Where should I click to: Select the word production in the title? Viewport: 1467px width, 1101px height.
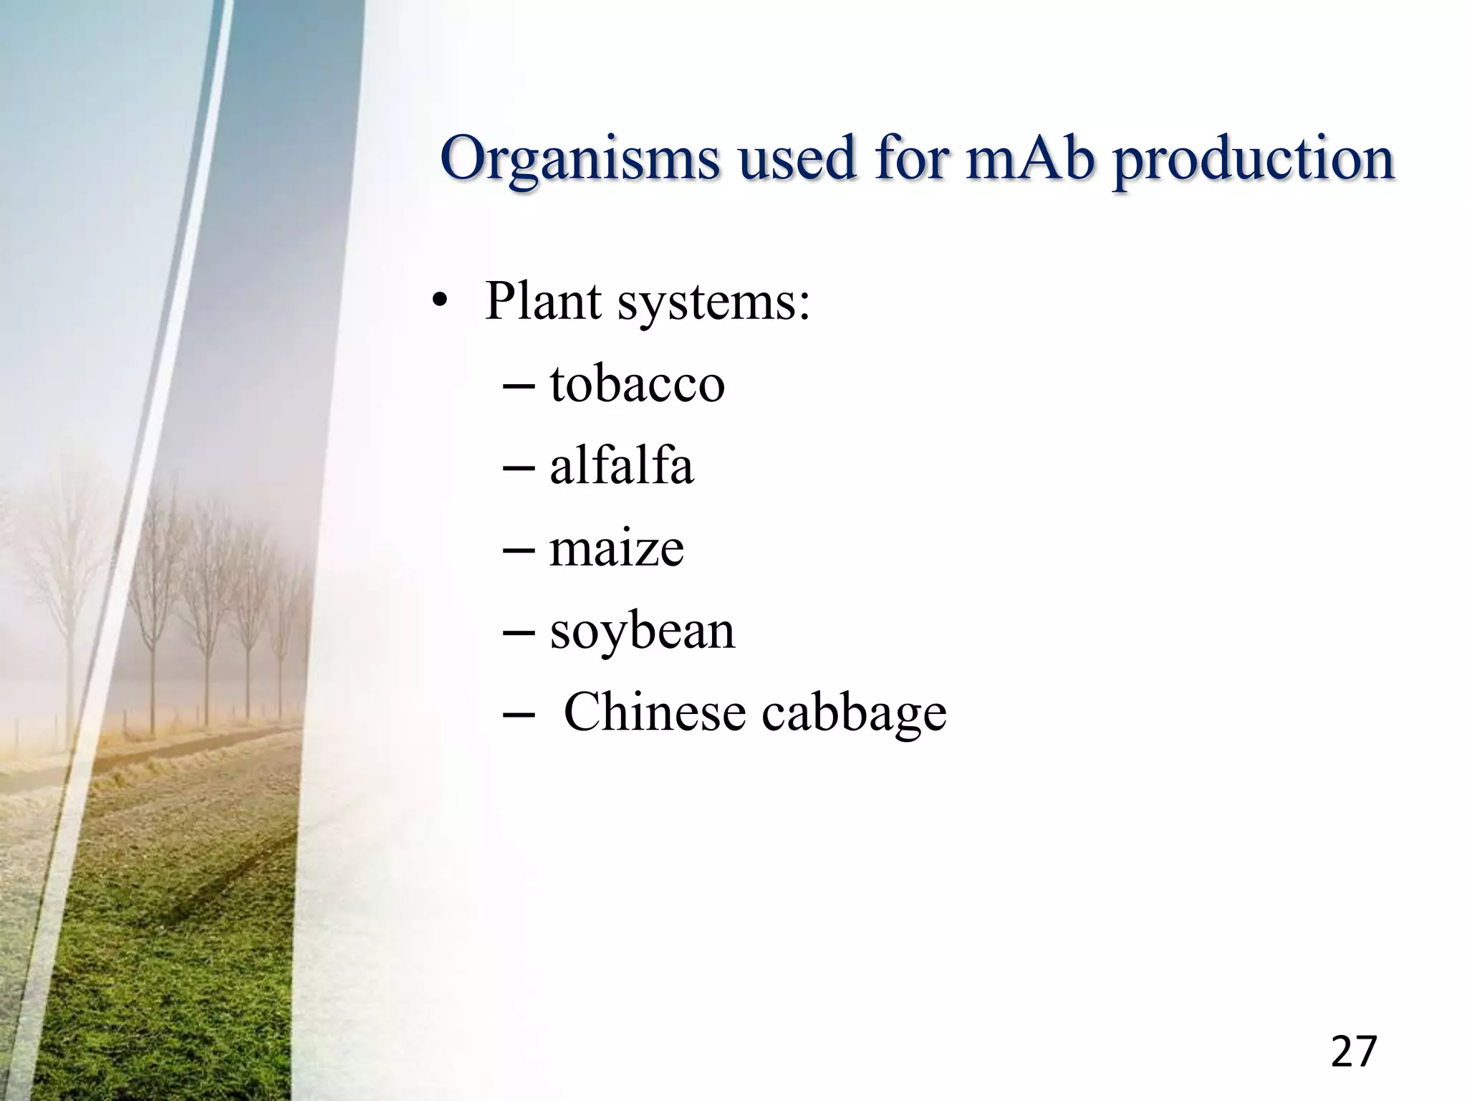[x=1253, y=159]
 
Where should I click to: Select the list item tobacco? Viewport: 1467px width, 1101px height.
[x=637, y=384]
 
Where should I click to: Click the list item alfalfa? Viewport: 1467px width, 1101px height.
[x=621, y=467]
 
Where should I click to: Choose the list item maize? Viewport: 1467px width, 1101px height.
[x=616, y=549]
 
